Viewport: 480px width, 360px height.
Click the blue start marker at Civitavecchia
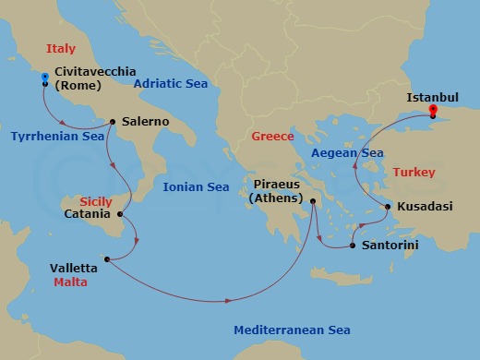[44, 78]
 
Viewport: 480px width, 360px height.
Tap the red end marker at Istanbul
[432, 109]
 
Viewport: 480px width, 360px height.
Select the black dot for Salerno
[112, 121]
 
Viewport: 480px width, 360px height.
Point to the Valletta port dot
[107, 258]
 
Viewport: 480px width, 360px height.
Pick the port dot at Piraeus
[314, 200]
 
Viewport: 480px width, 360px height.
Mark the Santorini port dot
[352, 246]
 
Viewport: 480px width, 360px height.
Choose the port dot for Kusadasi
[388, 206]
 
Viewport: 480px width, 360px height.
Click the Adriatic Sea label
[171, 83]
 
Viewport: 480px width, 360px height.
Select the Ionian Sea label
[196, 187]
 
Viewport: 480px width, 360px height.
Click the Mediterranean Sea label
[292, 330]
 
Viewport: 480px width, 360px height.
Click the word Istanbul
[433, 94]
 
